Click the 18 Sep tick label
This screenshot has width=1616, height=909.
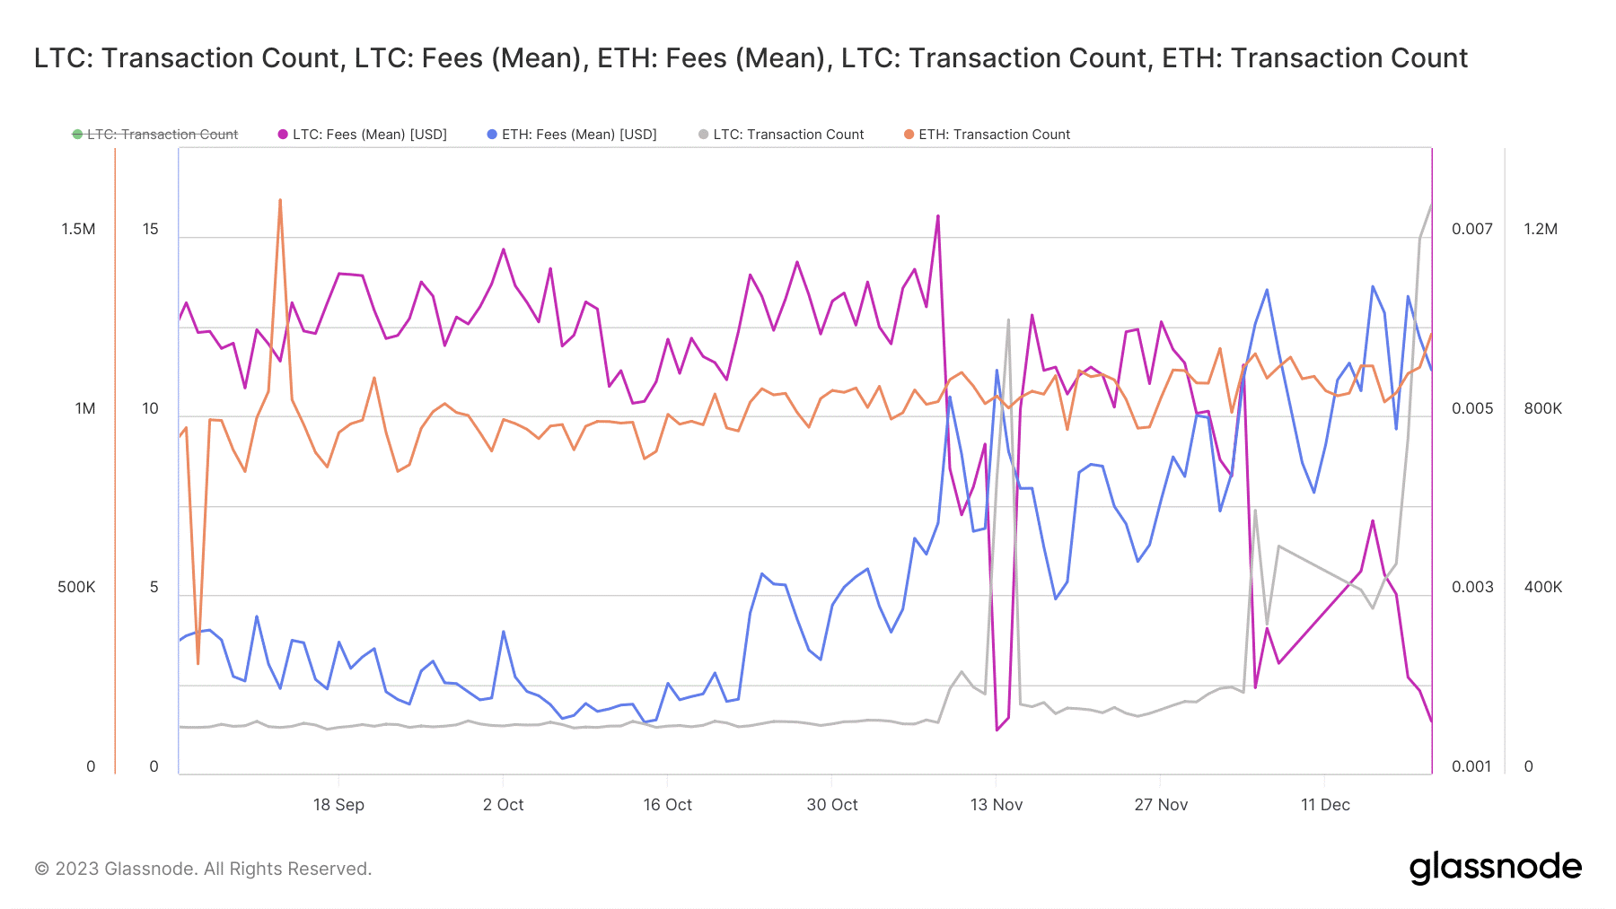point(338,805)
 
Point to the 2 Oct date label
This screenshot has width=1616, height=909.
point(503,805)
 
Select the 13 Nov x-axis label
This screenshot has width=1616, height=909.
point(997,805)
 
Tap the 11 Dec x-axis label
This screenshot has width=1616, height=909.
point(1325,805)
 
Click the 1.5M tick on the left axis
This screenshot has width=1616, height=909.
point(78,229)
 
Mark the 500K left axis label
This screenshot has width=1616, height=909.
point(76,587)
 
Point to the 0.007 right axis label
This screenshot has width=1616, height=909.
point(1472,229)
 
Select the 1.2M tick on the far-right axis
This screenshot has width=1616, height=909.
point(1541,229)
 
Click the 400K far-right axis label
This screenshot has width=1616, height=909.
point(1542,587)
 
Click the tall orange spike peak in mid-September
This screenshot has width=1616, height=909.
point(280,200)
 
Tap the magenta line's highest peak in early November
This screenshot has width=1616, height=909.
point(938,216)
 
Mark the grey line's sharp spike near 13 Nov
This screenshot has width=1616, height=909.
point(1008,319)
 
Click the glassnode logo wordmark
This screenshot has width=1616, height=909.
point(1495,868)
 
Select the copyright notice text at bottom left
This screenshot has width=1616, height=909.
point(203,869)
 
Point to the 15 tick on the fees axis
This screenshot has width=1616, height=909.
point(150,229)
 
